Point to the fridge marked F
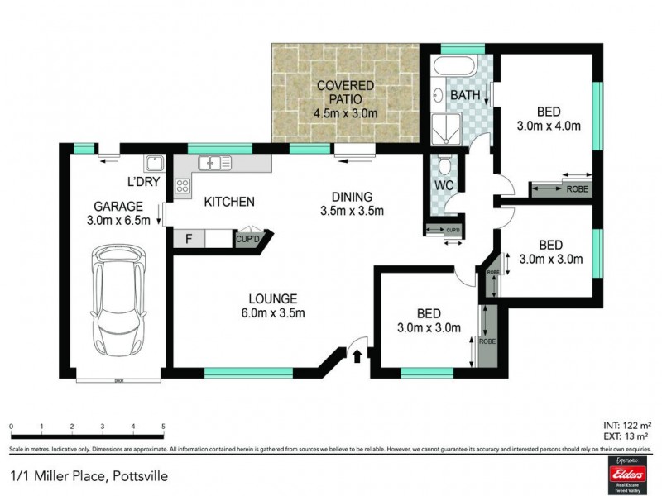(189, 239)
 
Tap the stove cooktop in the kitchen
(182, 186)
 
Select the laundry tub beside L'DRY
(154, 163)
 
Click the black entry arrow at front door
(357, 356)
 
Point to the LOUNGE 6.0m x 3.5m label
(278, 305)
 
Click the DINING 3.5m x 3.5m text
(353, 203)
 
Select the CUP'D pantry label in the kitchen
(248, 239)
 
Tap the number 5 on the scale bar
(163, 427)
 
